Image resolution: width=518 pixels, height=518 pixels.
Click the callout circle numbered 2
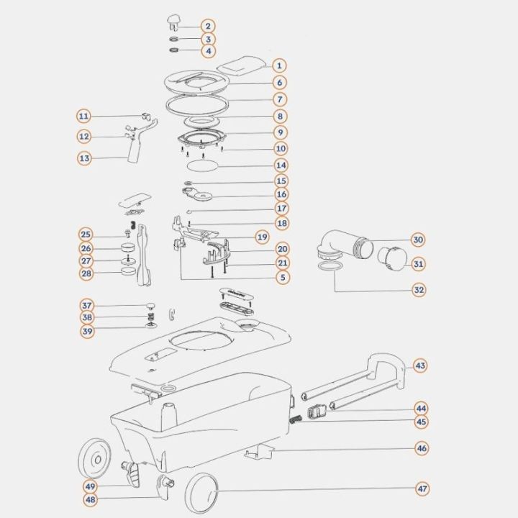(208, 26)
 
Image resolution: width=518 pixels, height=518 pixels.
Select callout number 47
(422, 489)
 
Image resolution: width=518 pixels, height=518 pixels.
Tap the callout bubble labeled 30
(418, 240)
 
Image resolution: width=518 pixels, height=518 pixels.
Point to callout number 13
(85, 158)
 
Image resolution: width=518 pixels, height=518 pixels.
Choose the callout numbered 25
(86, 235)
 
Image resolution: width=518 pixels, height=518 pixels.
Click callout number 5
(283, 277)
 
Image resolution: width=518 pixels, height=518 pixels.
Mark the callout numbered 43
(420, 365)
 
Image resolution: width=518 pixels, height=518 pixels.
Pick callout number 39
(87, 331)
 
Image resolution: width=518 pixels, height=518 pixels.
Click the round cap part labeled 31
(393, 258)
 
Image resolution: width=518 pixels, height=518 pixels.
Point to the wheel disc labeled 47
(201, 494)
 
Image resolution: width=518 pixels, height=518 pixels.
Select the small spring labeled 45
(296, 419)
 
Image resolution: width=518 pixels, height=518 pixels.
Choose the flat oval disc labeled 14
(202, 165)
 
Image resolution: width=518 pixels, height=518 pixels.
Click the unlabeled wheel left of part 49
(95, 458)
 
